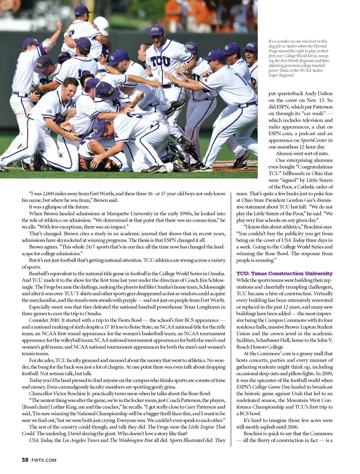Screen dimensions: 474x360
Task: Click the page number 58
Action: (25, 460)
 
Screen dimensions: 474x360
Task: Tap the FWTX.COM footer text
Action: (44, 460)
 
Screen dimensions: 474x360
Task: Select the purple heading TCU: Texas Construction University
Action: (284, 273)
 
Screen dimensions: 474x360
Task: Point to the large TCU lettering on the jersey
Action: (160, 60)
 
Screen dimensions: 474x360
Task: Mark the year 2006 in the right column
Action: (293, 427)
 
